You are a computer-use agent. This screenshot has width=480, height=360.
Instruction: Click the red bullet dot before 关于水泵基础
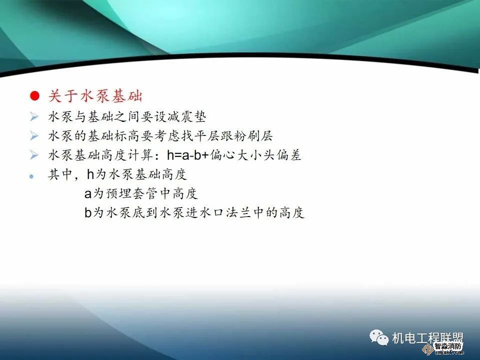point(34,95)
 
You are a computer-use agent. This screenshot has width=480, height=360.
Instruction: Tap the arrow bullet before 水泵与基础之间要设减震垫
point(34,117)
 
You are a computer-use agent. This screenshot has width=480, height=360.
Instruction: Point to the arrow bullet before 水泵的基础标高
point(34,136)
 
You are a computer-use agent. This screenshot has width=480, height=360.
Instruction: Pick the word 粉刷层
point(257,136)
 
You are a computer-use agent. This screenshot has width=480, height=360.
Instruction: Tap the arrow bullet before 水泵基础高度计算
point(34,155)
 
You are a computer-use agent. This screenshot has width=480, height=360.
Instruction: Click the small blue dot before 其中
point(31,176)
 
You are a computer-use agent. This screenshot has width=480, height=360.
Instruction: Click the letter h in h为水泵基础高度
point(90,174)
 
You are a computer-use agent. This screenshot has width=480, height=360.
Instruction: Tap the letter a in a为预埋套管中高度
point(88,194)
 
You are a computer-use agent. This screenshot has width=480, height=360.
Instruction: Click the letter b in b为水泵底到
point(88,213)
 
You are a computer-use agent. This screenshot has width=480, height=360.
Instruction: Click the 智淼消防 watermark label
point(448,346)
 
